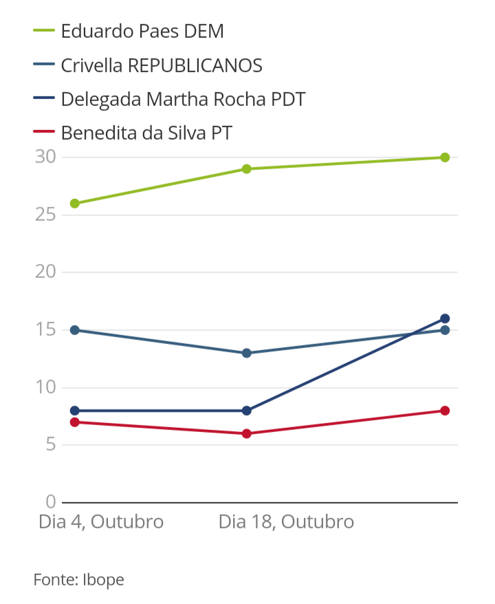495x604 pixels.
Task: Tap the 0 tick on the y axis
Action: pos(50,502)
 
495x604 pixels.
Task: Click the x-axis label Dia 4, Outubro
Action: pos(101,521)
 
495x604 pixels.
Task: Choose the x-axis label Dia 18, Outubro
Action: pos(286,521)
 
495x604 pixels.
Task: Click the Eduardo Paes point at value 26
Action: pos(74,204)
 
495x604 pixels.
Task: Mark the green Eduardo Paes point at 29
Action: pos(246,169)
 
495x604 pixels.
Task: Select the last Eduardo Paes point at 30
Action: pos(445,158)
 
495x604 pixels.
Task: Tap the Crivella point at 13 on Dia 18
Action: pos(246,353)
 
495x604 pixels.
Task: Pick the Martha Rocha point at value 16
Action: pos(445,319)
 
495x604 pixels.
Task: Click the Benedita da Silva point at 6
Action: pos(246,433)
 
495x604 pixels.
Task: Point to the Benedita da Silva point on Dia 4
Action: pos(74,422)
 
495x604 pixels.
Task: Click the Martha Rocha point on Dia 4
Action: pos(74,411)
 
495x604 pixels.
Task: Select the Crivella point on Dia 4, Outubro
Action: pos(74,330)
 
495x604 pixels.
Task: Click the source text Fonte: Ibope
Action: pos(79,580)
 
